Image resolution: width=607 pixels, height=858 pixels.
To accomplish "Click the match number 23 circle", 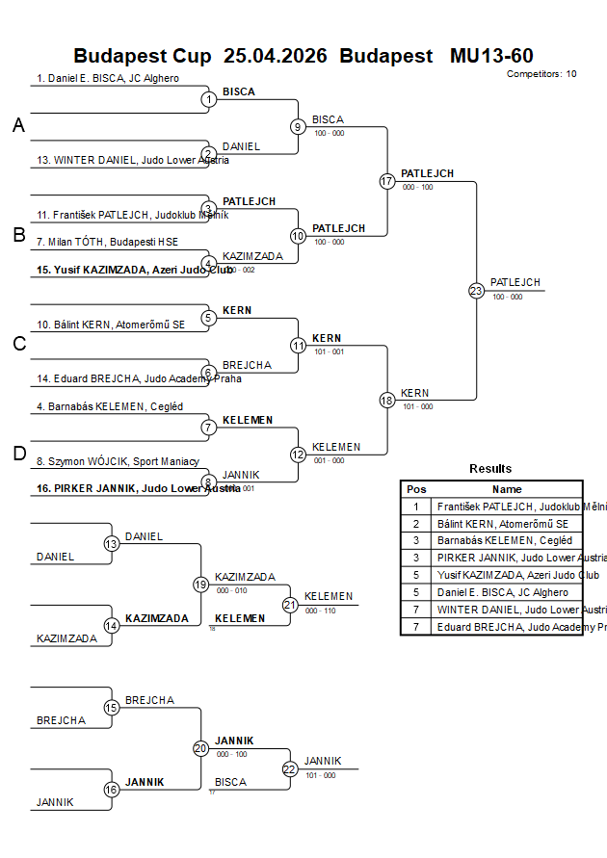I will pos(476,290).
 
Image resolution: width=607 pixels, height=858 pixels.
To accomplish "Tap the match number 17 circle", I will pos(387,181).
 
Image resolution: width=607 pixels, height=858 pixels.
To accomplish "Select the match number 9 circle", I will pos(298,126).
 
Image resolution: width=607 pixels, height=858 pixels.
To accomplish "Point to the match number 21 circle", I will pos(290,605).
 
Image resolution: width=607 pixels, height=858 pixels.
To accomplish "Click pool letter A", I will pos(18,125).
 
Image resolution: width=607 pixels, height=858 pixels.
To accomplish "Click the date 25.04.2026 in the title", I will pos(275,56).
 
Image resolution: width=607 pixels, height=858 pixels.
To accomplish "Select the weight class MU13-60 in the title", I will pos(491,56).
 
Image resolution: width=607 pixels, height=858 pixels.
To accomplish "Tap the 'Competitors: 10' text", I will pos(541,74).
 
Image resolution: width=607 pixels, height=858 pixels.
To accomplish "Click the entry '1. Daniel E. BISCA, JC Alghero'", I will pos(108,79).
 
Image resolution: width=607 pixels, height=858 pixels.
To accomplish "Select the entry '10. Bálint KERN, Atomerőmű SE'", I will pos(111,325).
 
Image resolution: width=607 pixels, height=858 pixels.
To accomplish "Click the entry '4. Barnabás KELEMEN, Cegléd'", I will pos(110,407).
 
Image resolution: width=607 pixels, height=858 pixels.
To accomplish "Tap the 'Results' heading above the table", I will pos(490,469).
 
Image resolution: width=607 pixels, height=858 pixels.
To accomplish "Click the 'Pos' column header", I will pos(416,489).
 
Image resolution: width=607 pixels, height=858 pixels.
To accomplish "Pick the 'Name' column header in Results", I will pos(507,489).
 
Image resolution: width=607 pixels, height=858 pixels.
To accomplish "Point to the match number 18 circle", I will pos(387,400).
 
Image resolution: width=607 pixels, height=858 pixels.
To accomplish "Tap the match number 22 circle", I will pos(290,768).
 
